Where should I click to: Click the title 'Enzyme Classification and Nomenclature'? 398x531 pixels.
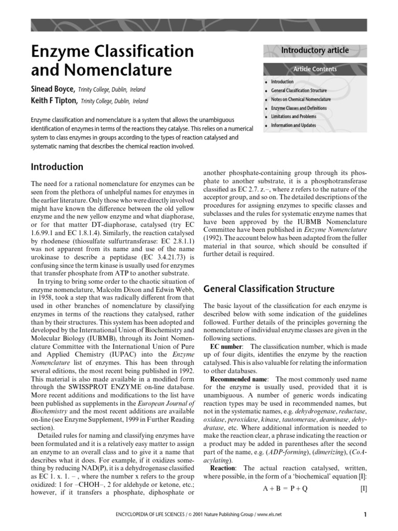click(x=112, y=60)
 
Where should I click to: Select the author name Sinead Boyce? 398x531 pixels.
click(x=53, y=89)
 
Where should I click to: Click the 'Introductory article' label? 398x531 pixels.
click(x=315, y=50)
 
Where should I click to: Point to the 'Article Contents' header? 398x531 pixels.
click(x=315, y=69)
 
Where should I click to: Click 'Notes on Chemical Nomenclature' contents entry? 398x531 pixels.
click(x=301, y=99)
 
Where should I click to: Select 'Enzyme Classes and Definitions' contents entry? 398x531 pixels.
click(x=300, y=108)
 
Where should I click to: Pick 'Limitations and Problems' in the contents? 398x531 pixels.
click(x=294, y=117)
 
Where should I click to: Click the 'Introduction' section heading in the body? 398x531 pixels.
click(x=57, y=167)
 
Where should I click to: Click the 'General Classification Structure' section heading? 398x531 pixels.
click(x=269, y=289)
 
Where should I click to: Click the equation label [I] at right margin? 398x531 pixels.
click(x=363, y=488)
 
